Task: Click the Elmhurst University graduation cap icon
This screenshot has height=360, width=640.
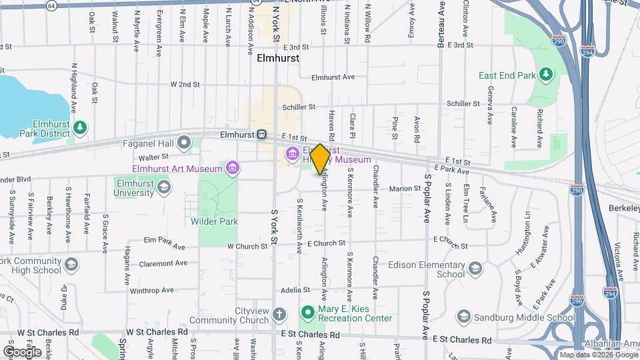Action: pos(163,189)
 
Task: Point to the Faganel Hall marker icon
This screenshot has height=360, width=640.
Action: pos(185,142)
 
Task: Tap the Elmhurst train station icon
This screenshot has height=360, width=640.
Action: pos(262,134)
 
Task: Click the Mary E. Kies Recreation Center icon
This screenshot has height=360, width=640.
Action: pos(307,312)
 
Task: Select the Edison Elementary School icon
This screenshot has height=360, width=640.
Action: pos(475,268)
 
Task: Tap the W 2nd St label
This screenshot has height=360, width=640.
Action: pos(185,85)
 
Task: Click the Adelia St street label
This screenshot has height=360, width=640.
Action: pos(292,290)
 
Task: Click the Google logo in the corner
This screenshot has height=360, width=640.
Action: pos(22,351)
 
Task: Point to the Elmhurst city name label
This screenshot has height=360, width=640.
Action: pos(278,58)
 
